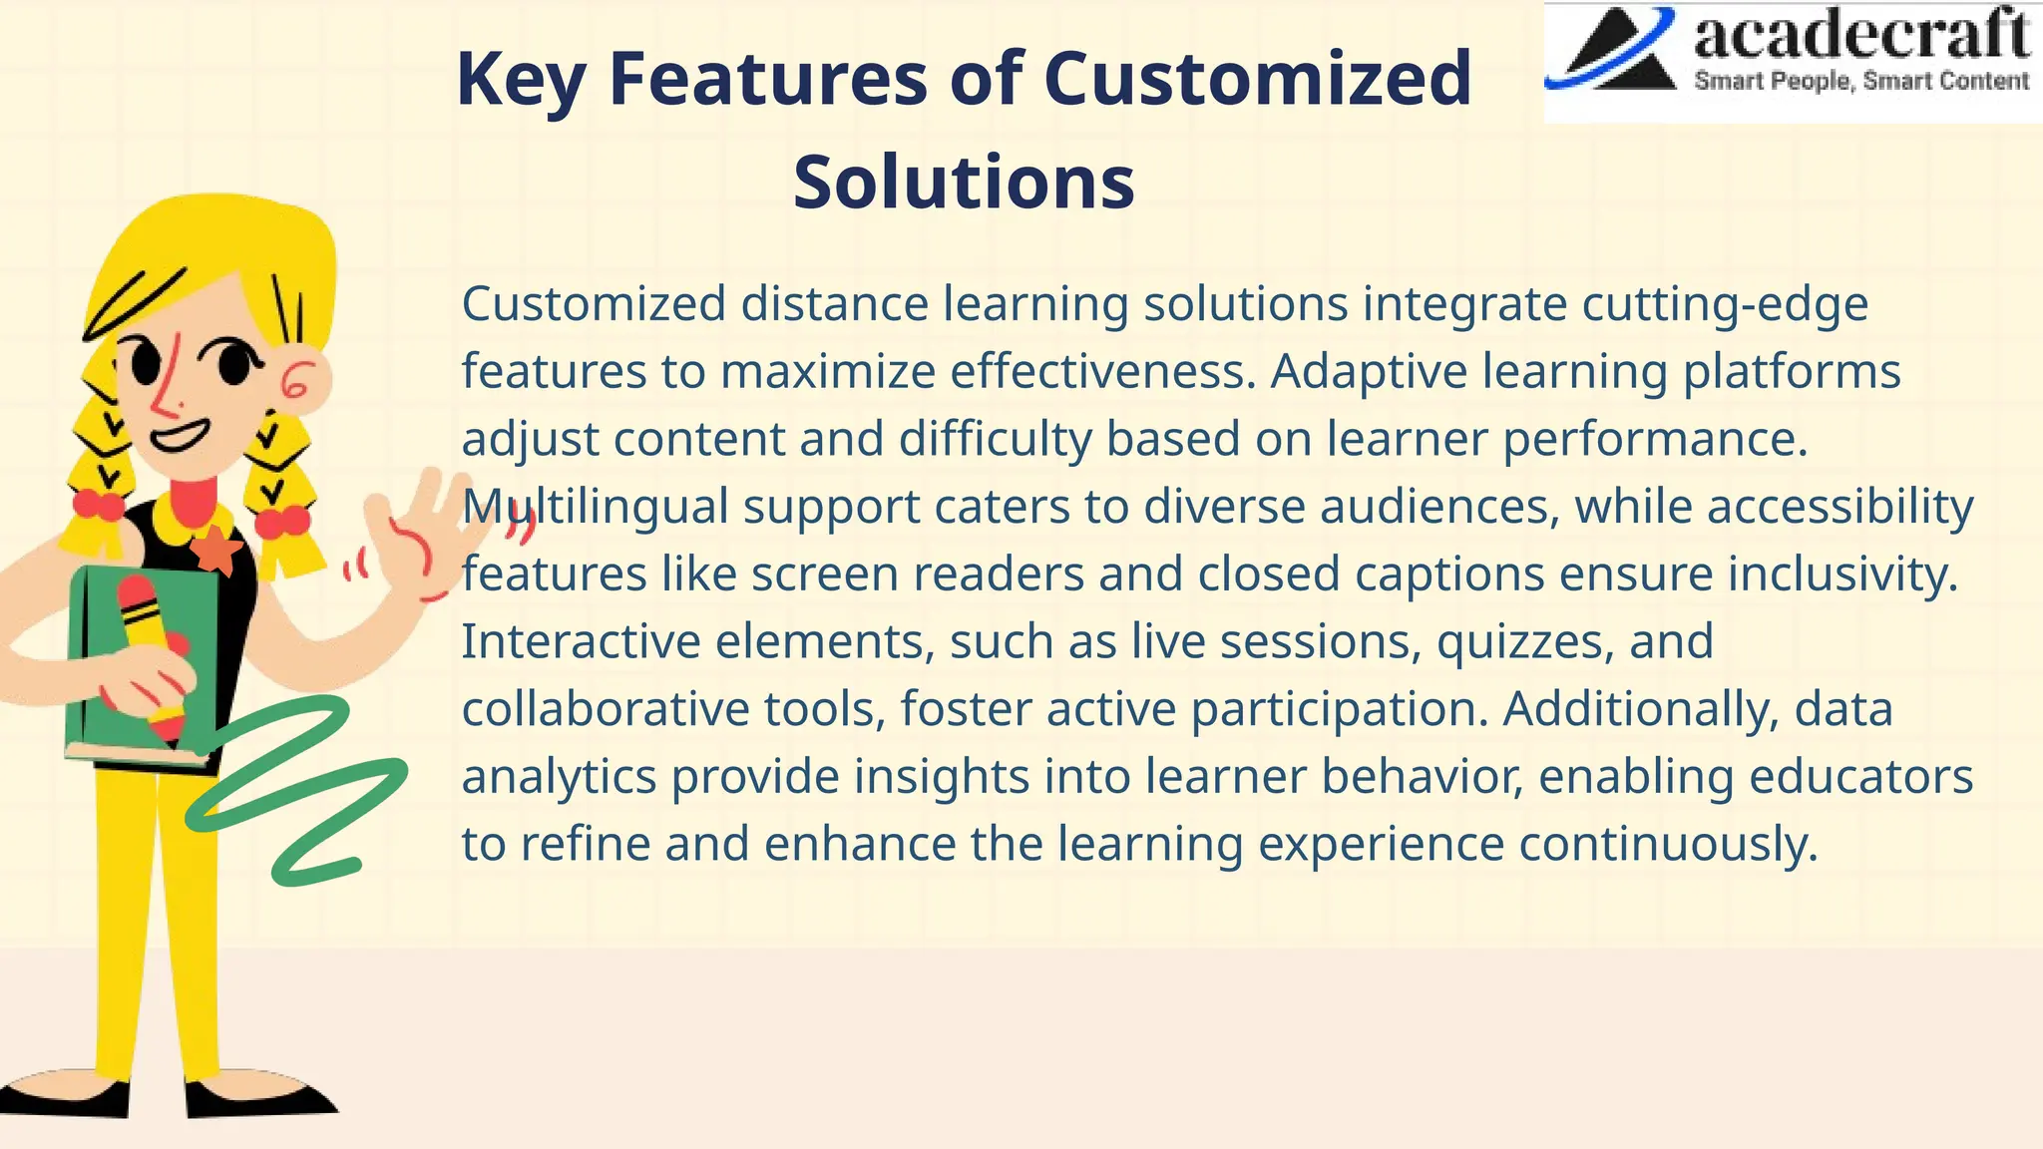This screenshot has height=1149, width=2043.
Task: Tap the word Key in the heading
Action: coord(520,80)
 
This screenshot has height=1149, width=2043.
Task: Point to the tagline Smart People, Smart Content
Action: coord(1861,81)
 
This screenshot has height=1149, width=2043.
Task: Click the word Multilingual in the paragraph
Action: coord(595,507)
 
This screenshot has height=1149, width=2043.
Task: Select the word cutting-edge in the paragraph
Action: coord(1725,304)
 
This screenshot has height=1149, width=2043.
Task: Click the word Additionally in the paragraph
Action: coord(1641,709)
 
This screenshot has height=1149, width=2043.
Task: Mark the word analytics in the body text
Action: coord(559,777)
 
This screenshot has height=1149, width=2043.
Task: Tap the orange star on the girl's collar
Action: coord(216,550)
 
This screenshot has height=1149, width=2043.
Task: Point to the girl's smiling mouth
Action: coord(180,436)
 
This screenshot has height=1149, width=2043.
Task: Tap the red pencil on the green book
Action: coord(155,658)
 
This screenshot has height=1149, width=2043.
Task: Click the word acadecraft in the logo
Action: coord(1861,35)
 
